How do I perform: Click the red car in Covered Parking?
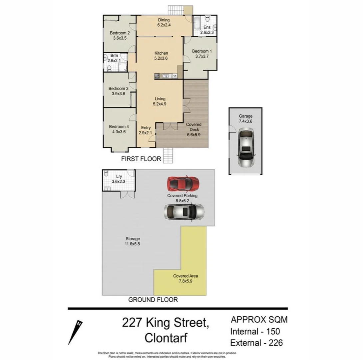pos(183,183)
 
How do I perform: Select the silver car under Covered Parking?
pos(184,212)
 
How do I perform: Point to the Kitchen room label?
pos(161,53)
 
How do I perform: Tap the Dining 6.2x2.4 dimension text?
pos(164,25)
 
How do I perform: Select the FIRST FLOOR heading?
pos(141,159)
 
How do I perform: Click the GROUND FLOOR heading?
pos(153,300)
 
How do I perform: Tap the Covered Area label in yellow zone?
pos(185,276)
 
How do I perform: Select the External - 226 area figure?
pos(257,342)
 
